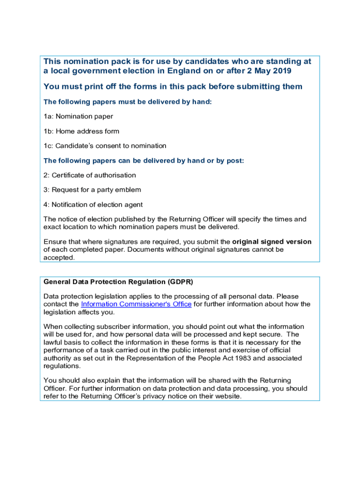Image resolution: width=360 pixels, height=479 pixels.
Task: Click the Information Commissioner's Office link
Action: (136, 304)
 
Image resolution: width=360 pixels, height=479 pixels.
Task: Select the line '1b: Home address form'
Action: (81, 131)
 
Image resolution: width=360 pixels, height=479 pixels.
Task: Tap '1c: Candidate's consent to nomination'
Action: (105, 146)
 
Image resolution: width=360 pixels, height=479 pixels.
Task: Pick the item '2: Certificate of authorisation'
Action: (89, 175)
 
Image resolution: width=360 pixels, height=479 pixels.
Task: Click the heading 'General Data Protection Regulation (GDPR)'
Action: (118, 282)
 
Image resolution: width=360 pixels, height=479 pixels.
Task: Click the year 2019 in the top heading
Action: (281, 71)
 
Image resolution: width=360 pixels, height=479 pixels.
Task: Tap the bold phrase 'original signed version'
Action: (272, 242)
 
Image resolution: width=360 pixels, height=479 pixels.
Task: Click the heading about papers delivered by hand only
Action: (128, 102)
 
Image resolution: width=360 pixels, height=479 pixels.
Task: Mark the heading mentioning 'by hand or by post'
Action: (144, 161)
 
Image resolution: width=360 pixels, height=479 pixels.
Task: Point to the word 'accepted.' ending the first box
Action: (59, 257)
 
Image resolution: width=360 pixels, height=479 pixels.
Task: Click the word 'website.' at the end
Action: (228, 396)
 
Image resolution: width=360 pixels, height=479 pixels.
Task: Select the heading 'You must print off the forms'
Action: (173, 87)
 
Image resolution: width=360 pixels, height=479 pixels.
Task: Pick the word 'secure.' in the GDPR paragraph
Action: (272, 334)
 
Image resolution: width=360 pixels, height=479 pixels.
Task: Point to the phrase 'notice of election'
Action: (83, 219)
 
